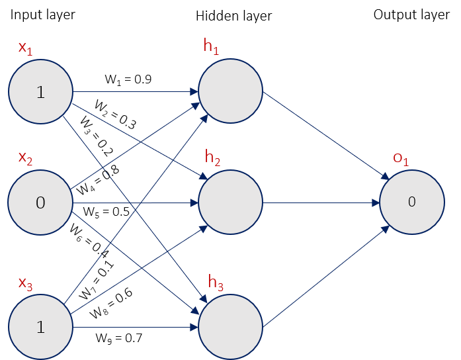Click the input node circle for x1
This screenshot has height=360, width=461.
point(40,92)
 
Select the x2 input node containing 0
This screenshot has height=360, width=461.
point(40,202)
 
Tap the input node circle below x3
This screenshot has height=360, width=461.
point(40,327)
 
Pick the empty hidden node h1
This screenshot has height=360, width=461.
point(230,91)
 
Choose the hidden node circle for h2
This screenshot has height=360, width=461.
point(230,202)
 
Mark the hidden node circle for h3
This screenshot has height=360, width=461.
point(230,327)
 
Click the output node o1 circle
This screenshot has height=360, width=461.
point(411,202)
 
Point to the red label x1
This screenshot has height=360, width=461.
point(24,48)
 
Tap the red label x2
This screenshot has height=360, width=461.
point(25,157)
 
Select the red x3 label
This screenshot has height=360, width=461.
point(25,284)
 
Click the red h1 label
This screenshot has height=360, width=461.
point(212,46)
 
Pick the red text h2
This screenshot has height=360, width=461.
point(212,157)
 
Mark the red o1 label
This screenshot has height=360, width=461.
point(401,157)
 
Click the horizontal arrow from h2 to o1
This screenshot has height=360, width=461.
point(321,202)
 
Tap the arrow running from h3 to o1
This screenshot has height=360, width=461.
point(324,278)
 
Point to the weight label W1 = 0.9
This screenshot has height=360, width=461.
point(128,79)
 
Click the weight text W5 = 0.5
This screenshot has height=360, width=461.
point(106,212)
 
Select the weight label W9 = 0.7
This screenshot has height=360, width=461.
point(119,338)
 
